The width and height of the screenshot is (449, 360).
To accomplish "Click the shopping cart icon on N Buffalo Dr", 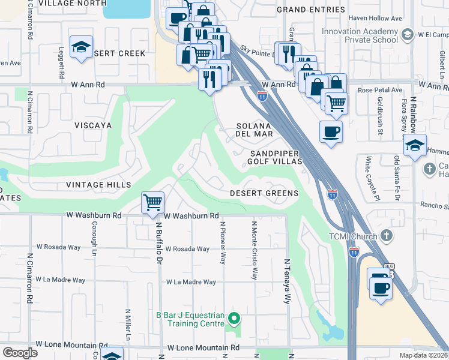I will [x=153, y=203].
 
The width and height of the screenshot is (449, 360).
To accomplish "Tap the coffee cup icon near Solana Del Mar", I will [x=331, y=131].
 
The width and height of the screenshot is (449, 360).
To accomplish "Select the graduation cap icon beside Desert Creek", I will [x=81, y=47].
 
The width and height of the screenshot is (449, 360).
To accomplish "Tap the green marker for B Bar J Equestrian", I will [x=235, y=319].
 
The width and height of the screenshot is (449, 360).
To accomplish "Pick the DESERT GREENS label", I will [x=264, y=193].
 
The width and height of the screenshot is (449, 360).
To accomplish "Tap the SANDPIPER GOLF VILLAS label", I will [x=274, y=158].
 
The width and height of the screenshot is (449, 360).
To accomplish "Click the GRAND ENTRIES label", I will [x=310, y=10].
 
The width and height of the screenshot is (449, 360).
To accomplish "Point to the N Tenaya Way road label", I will [x=288, y=283].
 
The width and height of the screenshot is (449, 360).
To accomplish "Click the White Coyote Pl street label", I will [x=368, y=178].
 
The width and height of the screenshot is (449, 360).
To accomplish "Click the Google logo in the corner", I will [x=20, y=353].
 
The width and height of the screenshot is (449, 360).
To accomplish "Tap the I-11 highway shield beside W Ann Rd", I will [x=262, y=95].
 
